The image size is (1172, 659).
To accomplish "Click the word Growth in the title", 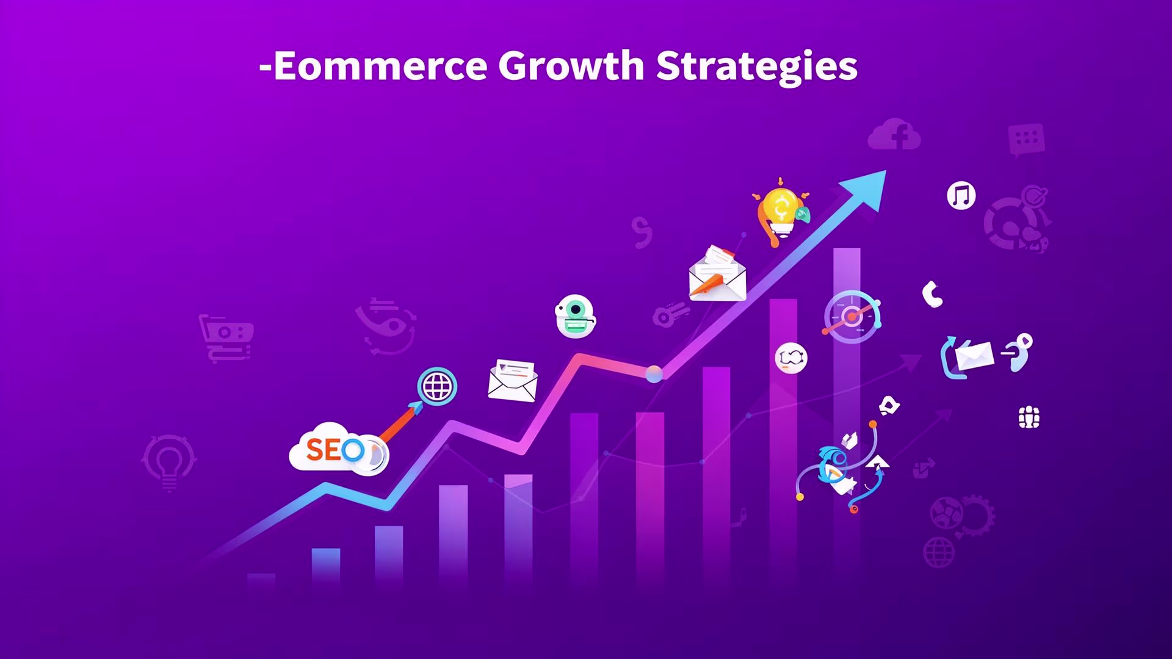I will [x=571, y=66].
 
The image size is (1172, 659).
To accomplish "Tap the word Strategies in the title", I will [x=756, y=66].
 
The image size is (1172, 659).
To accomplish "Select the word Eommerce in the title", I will [x=380, y=66].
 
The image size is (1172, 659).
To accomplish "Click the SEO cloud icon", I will [x=337, y=450].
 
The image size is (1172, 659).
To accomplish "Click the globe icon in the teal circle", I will [x=437, y=386].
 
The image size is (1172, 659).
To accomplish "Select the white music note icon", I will [x=961, y=196].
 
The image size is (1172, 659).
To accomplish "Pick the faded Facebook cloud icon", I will [x=894, y=135].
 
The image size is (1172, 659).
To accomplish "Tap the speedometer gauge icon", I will [x=852, y=317].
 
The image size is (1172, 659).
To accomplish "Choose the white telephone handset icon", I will [x=932, y=294].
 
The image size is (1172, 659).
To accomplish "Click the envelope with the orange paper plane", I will [x=717, y=275].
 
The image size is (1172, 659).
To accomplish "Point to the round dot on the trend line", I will [x=654, y=374].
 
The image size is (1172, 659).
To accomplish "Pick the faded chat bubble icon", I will [x=1026, y=139].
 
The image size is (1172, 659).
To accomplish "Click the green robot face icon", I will [x=575, y=316].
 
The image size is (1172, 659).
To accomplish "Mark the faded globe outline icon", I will [x=938, y=552].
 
